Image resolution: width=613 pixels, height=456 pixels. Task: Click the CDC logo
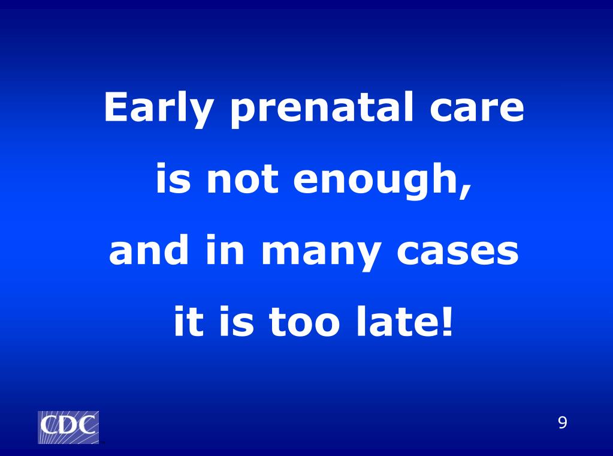click(68, 427)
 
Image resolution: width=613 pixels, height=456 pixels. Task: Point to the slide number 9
click(562, 423)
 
